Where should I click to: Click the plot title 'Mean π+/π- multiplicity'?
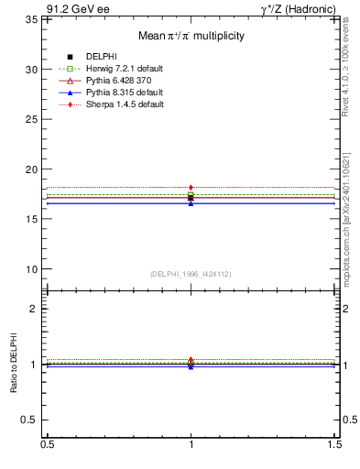(191, 37)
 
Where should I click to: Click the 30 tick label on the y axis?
(31, 70)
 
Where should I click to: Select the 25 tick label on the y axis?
(31, 119)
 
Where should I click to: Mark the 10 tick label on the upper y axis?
(31, 269)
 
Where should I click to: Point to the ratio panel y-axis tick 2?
(34, 310)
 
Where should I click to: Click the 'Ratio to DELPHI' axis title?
(15, 364)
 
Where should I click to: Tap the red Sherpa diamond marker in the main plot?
(191, 188)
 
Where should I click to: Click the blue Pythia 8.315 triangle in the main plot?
(191, 202)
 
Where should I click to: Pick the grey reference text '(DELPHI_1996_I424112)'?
(191, 273)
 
